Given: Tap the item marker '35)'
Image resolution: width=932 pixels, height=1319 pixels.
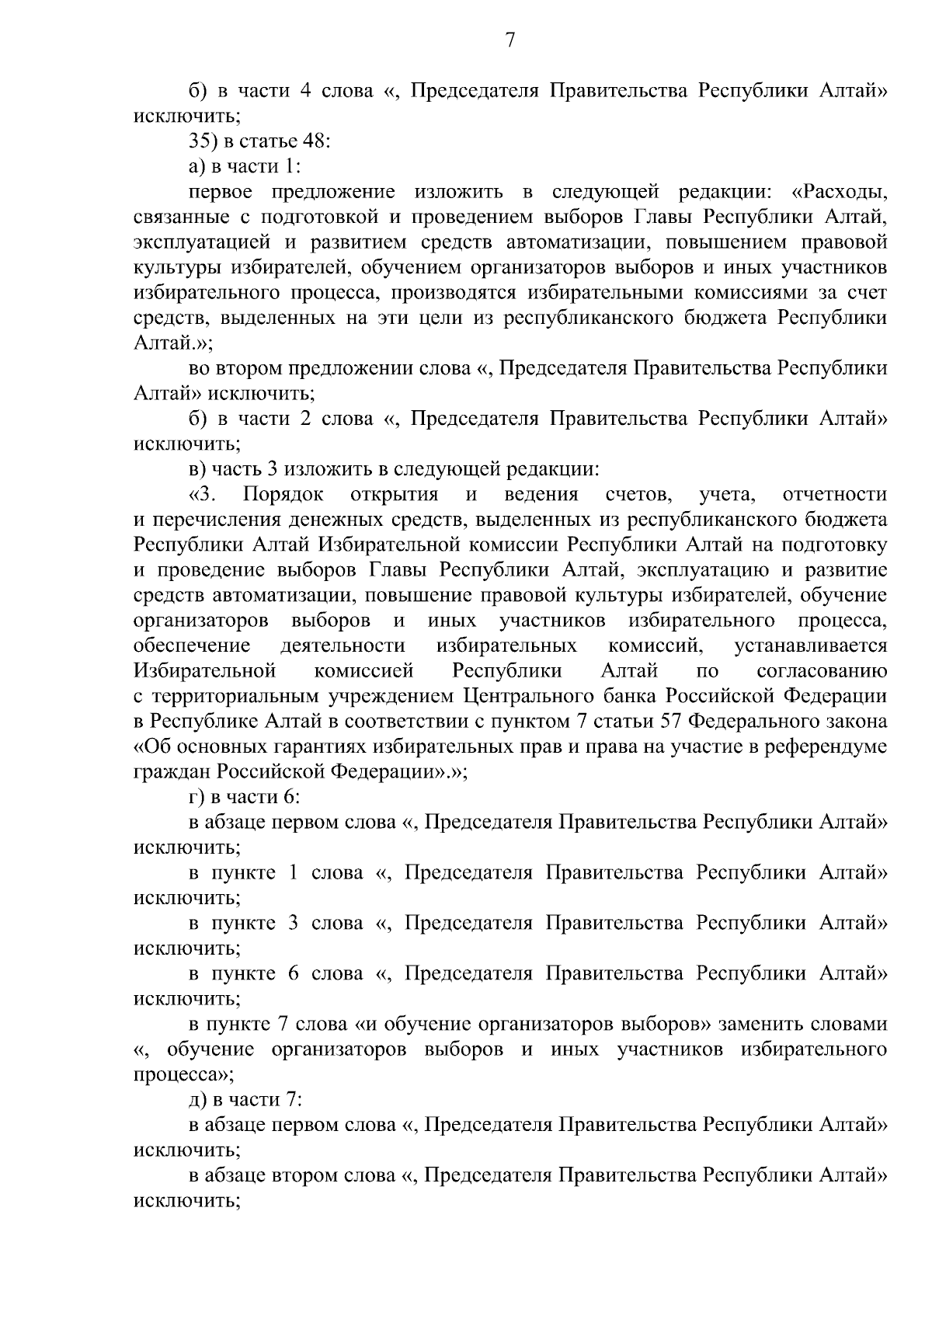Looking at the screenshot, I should point(203,141).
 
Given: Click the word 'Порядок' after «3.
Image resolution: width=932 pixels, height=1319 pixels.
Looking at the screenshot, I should point(283,495).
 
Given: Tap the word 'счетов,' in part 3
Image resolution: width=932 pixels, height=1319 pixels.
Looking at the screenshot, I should point(638,495).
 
